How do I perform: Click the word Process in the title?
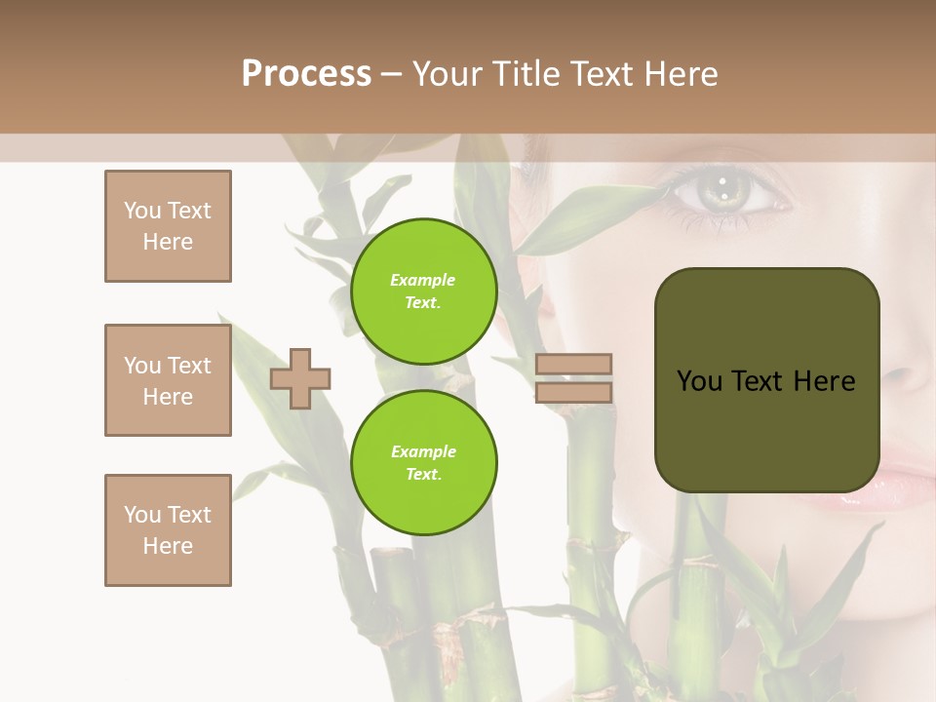pos(306,74)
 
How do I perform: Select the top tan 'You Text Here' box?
pos(168,226)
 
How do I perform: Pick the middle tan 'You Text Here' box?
pos(168,380)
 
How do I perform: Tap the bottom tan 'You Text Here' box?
pos(168,530)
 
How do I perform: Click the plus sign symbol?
pos(300,378)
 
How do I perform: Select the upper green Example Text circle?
pos(423,292)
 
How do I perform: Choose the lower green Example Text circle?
pos(423,462)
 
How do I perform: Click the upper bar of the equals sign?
pos(573,365)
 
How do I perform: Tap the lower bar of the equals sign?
pos(573,393)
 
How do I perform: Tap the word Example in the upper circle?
pos(423,281)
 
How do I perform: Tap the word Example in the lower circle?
pos(423,451)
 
